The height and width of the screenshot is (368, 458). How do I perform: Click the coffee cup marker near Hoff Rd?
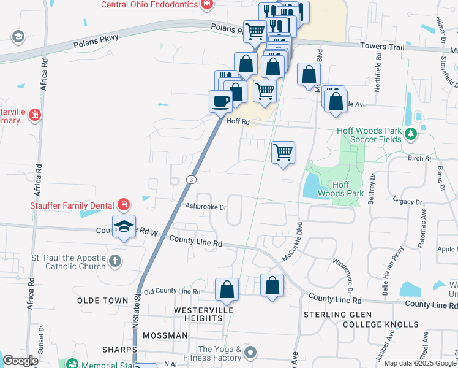(220, 101)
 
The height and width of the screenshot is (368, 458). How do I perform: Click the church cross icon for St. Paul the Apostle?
(114, 262)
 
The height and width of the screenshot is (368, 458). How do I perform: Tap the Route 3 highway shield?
(192, 179)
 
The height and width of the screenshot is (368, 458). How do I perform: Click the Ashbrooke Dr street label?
(206, 207)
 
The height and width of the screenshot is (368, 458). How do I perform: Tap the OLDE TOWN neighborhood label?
(103, 301)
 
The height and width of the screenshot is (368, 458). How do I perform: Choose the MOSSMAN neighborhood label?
(165, 335)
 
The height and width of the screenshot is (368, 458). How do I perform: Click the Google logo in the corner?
(20, 361)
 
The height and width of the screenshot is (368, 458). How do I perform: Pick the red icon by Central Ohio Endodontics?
(207, 4)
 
